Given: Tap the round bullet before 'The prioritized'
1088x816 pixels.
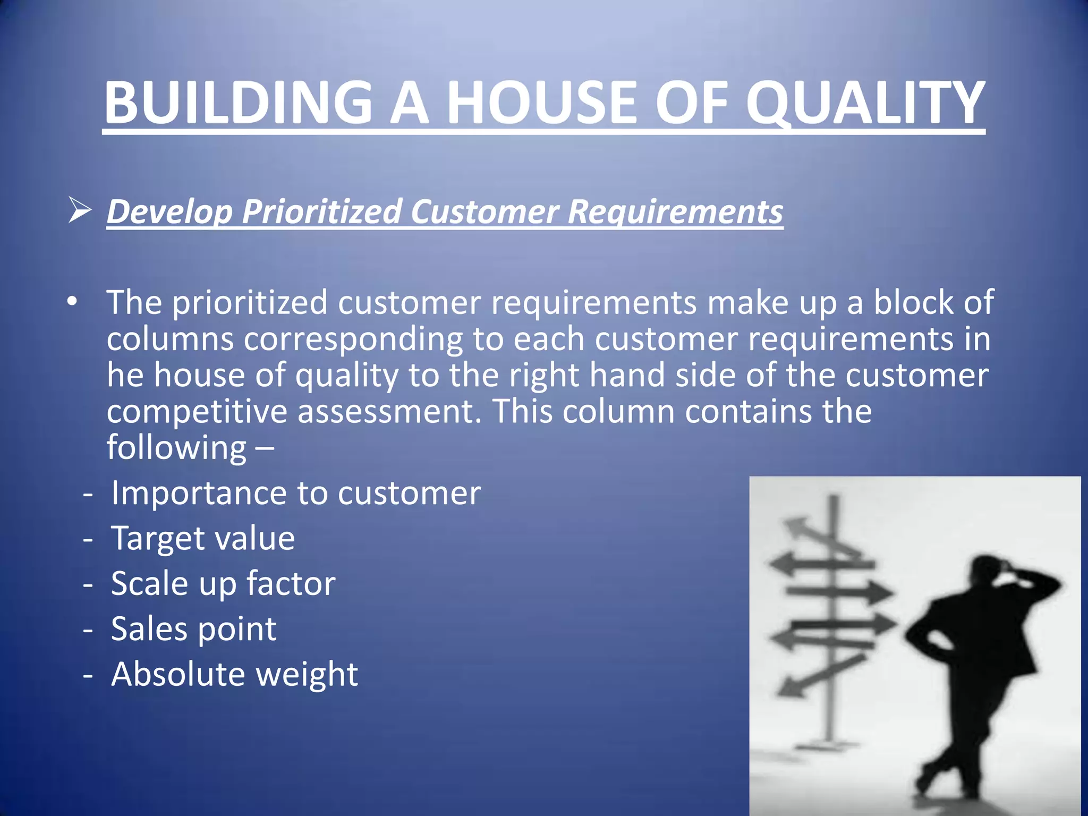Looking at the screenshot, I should pyautogui.click(x=72, y=302).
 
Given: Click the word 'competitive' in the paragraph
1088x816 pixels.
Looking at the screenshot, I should pyautogui.click(x=197, y=411).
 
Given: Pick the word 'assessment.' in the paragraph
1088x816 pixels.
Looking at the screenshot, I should pyautogui.click(x=389, y=411).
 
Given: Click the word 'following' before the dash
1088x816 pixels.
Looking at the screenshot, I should pyautogui.click(x=176, y=447).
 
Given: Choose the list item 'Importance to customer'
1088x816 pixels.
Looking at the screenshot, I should pyautogui.click(x=295, y=493).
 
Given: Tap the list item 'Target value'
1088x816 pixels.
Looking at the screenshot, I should pyautogui.click(x=202, y=538).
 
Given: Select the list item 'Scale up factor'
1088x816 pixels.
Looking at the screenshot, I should pyautogui.click(x=223, y=583).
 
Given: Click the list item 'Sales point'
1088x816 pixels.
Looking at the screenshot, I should pyautogui.click(x=193, y=629).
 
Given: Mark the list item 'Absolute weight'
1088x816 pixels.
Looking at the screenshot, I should pyautogui.click(x=234, y=674).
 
